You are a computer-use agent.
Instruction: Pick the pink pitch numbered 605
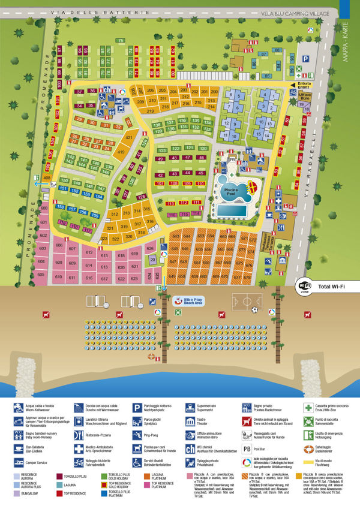(41, 274)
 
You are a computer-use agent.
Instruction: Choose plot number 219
(149, 112)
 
